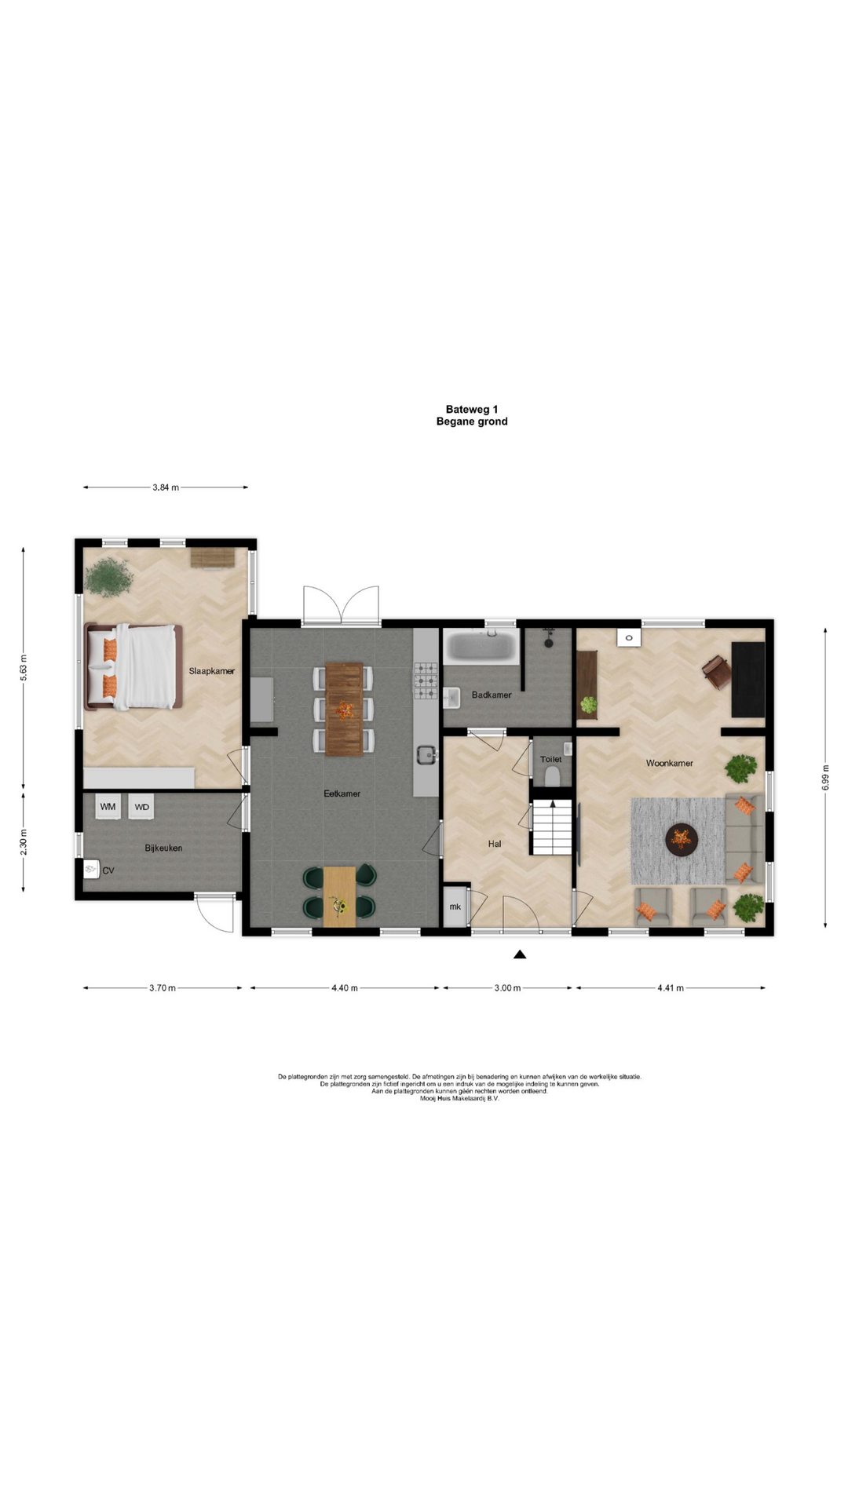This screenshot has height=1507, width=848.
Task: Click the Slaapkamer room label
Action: coord(212,671)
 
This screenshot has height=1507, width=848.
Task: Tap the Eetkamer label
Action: coord(342,794)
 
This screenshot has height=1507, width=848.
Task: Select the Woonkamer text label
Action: coord(670,763)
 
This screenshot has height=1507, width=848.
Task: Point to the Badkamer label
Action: coord(492,695)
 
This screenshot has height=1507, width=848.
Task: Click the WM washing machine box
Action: coord(108,806)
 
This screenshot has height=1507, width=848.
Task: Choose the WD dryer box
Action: coord(141,806)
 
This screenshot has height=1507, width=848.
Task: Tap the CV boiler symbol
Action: coord(91,869)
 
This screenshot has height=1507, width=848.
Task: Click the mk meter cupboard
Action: coord(455,907)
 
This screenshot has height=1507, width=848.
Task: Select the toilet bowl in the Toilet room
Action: coord(552,775)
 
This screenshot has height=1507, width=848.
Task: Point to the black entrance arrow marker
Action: coord(520,954)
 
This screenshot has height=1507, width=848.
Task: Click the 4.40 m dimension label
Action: coord(345,988)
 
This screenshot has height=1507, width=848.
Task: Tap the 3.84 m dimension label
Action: coord(166,487)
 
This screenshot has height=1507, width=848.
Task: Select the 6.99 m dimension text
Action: coord(825,777)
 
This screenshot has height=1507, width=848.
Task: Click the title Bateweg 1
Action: coord(472,409)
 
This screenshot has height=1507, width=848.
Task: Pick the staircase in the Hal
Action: coord(552,827)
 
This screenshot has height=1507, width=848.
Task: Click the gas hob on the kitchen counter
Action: coord(426,681)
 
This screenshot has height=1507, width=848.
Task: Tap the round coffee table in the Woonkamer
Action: coord(682,839)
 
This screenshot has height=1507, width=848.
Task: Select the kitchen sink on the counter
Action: coord(427,755)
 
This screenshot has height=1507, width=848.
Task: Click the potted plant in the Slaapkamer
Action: coord(109,577)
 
